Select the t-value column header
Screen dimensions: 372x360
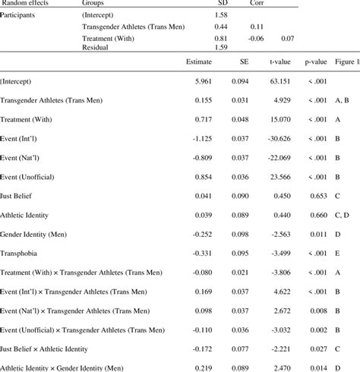(282, 61)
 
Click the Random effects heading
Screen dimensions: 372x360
(27, 3)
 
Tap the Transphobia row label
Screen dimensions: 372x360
(21, 253)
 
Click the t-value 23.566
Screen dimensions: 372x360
(283, 176)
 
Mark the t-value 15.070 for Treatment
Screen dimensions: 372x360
(283, 119)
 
